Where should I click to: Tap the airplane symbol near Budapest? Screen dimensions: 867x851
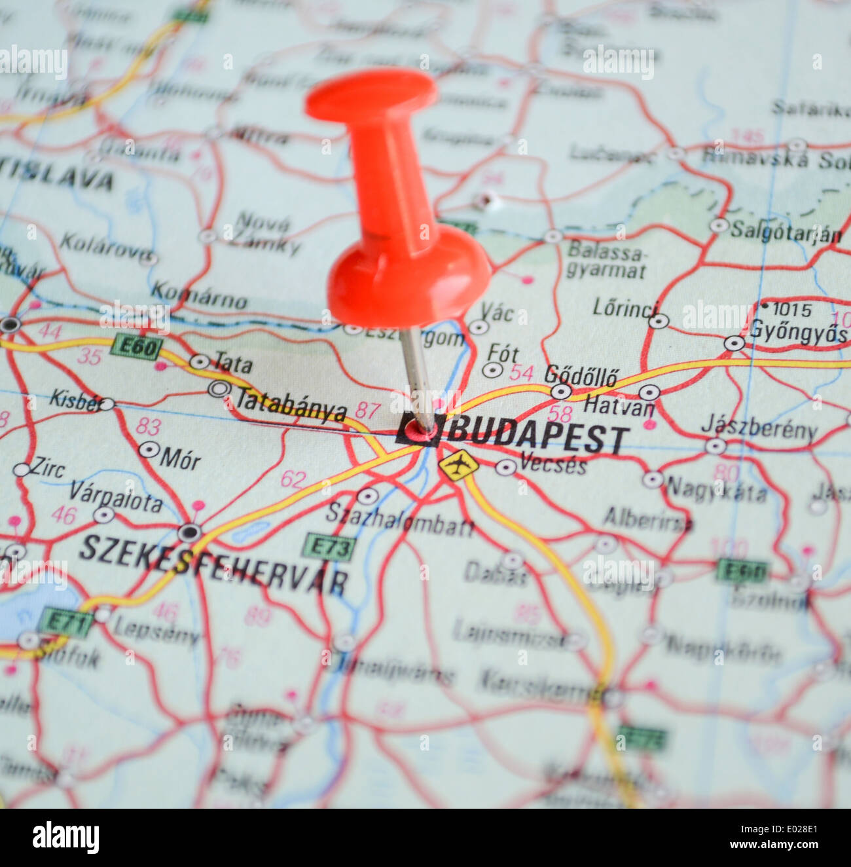pyautogui.click(x=458, y=466)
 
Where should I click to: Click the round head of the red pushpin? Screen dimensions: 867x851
pyautogui.click(x=408, y=278)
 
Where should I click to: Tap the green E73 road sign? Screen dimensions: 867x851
pyautogui.click(x=330, y=547)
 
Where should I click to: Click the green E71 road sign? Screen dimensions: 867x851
pyautogui.click(x=65, y=622)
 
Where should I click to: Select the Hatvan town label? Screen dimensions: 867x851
pyautogui.click(x=619, y=407)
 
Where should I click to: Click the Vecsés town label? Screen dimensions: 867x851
pyautogui.click(x=552, y=464)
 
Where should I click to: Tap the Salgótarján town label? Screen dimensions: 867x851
pyautogui.click(x=786, y=231)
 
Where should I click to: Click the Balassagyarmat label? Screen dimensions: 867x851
pyautogui.click(x=606, y=260)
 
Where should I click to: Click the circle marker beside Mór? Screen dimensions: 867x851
pyautogui.click(x=149, y=450)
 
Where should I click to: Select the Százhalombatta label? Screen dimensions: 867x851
pyautogui.click(x=399, y=519)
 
